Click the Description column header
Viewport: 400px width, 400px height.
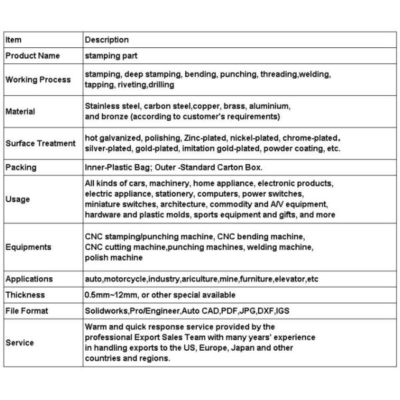coord(107,40)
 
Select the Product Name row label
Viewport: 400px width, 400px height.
coord(32,56)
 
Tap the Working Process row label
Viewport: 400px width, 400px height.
coord(38,80)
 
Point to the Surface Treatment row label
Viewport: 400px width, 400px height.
coord(41,143)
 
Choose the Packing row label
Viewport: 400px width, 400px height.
coord(21,167)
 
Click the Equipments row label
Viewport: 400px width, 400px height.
coord(28,247)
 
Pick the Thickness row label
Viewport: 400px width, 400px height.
coord(25,295)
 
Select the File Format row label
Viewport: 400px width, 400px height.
coord(27,311)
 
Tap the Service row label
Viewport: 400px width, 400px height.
coord(19,343)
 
